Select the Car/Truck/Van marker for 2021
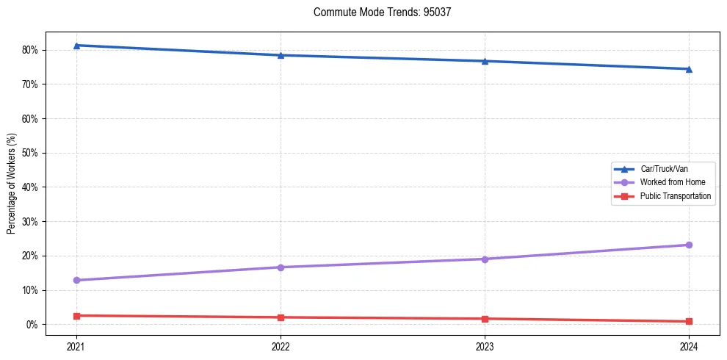click(x=76, y=46)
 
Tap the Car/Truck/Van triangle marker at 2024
click(x=689, y=69)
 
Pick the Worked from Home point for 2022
click(x=281, y=267)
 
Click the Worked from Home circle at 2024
click(x=689, y=245)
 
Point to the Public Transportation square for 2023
click(x=485, y=319)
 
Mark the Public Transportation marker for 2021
click(x=76, y=316)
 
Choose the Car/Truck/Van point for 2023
click(x=485, y=61)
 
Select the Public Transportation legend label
click(x=675, y=196)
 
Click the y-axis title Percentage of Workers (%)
click(x=11, y=184)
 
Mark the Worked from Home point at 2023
click(x=485, y=259)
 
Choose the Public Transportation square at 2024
click(x=689, y=322)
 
